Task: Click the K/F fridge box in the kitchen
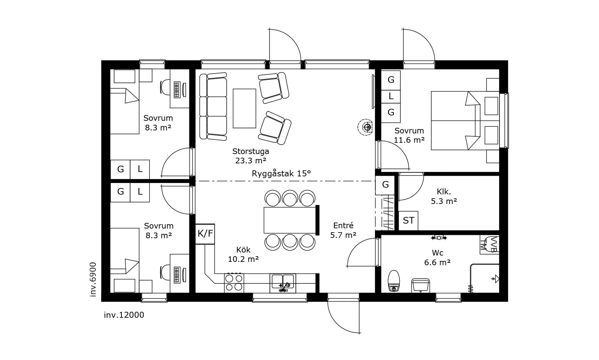coord(205,234)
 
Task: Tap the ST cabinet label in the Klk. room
coord(408,221)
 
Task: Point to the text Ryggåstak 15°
coord(281,173)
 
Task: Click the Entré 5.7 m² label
coord(343,230)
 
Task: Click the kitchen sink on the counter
coord(283,283)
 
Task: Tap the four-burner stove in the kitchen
coord(234,283)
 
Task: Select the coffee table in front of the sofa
coord(244,108)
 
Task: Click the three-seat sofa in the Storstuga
coord(213,106)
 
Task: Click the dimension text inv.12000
coord(124,315)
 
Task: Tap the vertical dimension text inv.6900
coord(93,279)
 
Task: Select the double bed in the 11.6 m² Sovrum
coord(465,120)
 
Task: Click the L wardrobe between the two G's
coord(391,96)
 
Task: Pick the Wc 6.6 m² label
coord(437,258)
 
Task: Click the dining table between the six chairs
coord(290,220)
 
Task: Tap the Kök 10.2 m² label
coord(243,255)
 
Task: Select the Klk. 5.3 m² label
coord(444,196)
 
